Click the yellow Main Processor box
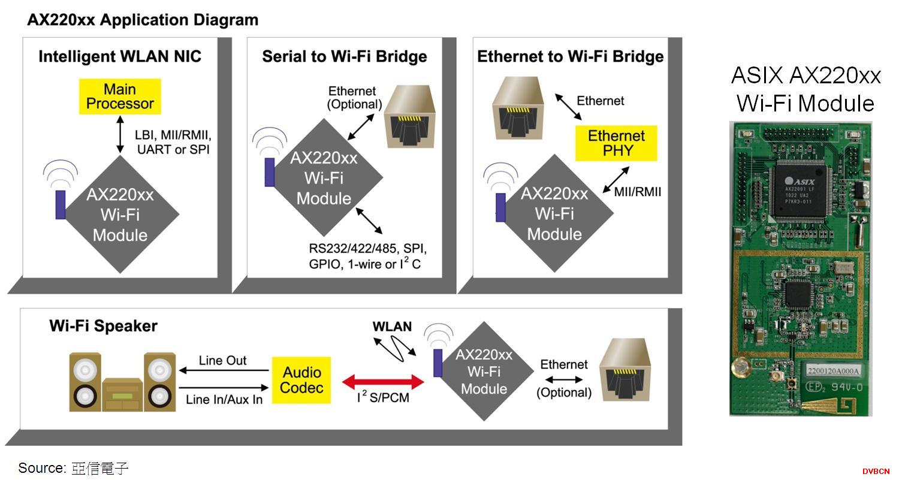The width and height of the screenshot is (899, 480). coord(120,96)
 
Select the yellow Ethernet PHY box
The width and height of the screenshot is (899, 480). coord(617,143)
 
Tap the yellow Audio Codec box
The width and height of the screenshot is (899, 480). coord(301,381)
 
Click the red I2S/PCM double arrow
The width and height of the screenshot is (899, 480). coord(384,381)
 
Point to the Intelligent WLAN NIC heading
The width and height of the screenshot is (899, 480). coord(120,57)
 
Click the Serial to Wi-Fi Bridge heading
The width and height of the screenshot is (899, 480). coord(345,57)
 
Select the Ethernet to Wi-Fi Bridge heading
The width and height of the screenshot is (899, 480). coord(570,57)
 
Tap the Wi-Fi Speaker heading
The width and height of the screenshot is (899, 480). coord(103,326)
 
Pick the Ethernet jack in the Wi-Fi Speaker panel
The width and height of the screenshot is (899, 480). coord(625,372)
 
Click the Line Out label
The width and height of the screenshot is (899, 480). coord(222,361)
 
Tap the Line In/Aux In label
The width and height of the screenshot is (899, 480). coord(224,399)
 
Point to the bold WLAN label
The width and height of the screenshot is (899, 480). coord(392,327)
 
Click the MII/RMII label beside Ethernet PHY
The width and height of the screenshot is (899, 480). coord(638,192)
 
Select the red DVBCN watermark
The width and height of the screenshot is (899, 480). coord(876,472)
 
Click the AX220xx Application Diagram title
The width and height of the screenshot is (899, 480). coord(143,20)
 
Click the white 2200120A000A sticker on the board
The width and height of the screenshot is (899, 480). coord(833,371)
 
